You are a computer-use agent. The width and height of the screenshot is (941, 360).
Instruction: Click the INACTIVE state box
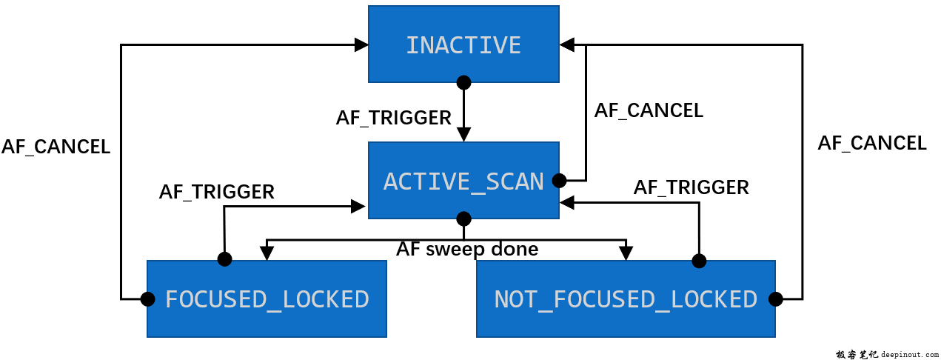(x=463, y=44)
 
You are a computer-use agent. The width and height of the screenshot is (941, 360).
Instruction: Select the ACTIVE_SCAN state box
(x=463, y=181)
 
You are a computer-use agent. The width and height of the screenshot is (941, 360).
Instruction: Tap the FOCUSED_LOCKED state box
(x=267, y=299)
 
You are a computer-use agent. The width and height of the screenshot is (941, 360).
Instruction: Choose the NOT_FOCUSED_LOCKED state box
(x=626, y=299)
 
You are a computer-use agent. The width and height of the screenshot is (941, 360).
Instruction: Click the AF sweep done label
(x=467, y=249)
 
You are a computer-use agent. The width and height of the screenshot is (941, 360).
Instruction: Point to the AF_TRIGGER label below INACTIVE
(x=393, y=118)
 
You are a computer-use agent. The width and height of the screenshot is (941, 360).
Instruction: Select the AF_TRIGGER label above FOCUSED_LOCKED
(x=216, y=192)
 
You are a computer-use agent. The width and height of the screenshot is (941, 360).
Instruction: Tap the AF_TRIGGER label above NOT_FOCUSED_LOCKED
(x=691, y=187)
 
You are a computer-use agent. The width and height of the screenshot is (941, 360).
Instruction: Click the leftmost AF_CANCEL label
(x=56, y=147)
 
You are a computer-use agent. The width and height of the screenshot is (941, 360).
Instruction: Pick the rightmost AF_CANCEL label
(x=871, y=143)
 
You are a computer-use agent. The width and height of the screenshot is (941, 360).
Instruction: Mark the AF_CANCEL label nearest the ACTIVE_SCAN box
(x=649, y=110)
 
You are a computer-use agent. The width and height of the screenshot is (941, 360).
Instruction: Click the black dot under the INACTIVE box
(x=463, y=81)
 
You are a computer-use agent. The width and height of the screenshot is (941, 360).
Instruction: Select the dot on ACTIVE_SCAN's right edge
(x=560, y=180)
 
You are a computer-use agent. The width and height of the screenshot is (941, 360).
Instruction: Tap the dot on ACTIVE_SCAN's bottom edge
(x=463, y=219)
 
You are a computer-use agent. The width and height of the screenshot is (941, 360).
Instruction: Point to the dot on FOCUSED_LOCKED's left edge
(x=147, y=299)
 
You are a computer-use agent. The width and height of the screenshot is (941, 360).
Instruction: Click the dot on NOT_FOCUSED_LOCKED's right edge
(x=775, y=299)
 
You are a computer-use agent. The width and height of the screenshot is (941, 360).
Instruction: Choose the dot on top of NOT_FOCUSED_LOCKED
(x=698, y=261)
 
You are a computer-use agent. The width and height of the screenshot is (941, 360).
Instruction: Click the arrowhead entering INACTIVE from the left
(x=361, y=44)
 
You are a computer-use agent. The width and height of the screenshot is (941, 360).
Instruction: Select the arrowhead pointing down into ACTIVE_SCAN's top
(x=463, y=135)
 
